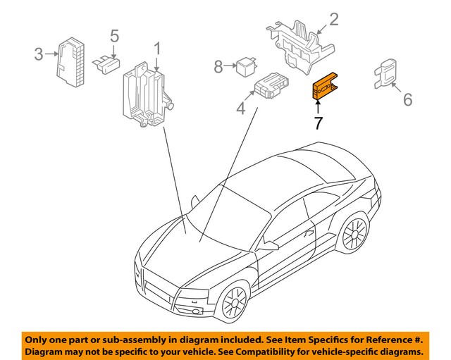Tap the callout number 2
click(x=334, y=19)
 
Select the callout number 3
click(x=39, y=53)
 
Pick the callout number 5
click(x=115, y=35)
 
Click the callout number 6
click(x=407, y=100)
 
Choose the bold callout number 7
click(x=319, y=123)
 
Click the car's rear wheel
click(x=354, y=235)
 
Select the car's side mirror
click(x=268, y=246)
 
